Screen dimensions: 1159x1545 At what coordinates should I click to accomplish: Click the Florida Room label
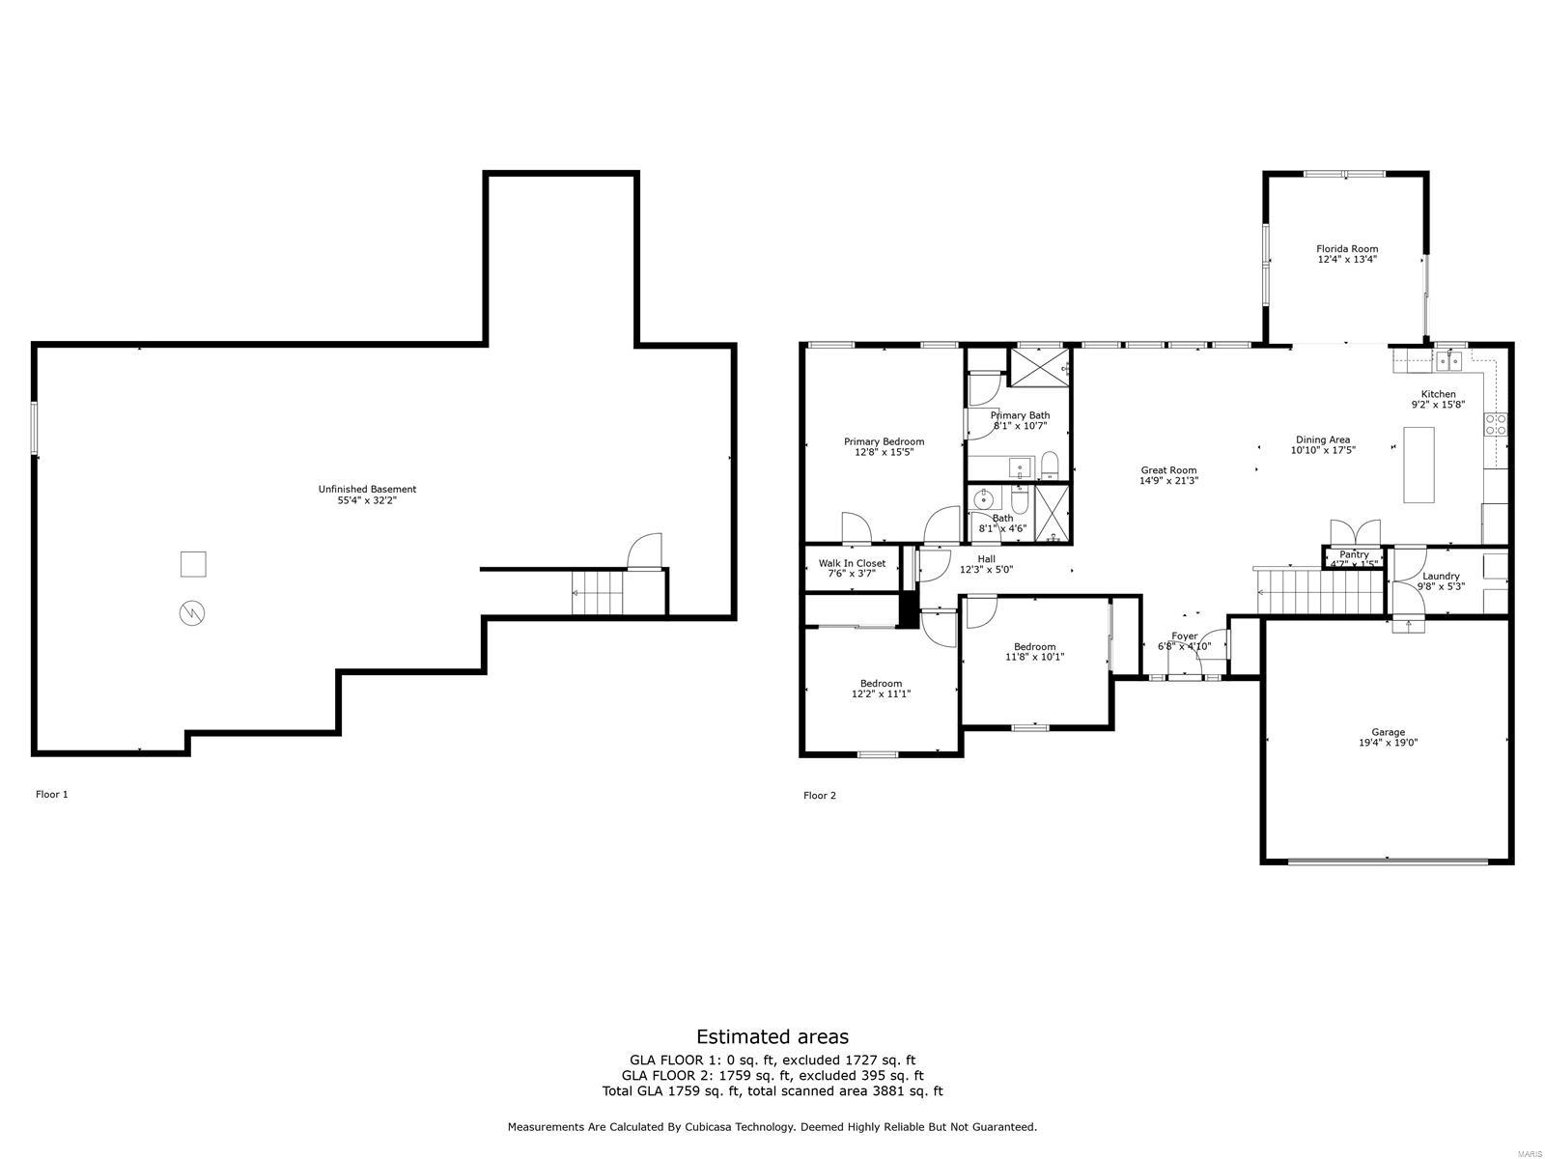pos(1347,249)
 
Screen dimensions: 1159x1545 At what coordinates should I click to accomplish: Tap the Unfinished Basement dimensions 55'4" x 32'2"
pos(366,500)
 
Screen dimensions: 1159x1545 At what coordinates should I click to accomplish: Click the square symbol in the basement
pos(193,563)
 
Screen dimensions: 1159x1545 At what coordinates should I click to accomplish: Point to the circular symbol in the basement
pos(192,612)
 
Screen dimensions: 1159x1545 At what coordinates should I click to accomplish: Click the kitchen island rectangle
pos(1419,464)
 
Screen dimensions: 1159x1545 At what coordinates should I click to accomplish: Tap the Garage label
pos(1388,732)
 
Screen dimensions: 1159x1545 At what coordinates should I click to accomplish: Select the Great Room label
pos(1168,470)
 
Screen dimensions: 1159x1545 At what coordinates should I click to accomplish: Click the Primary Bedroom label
pos(884,441)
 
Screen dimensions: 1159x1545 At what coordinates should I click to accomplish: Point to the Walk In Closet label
pos(852,563)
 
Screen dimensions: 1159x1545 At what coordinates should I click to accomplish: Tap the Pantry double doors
pos(1355,532)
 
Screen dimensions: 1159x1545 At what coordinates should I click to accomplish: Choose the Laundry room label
pos(1441,576)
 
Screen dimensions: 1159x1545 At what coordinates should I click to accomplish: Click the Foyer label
pos(1184,636)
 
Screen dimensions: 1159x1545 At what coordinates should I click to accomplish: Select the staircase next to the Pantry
pos(1319,589)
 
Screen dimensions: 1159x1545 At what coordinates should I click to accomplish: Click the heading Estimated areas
pos(772,1036)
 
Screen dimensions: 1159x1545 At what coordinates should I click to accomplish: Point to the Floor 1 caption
pos(52,794)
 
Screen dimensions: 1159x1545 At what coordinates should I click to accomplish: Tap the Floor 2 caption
pos(820,795)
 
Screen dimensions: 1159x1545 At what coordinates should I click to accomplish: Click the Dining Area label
pos(1322,439)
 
